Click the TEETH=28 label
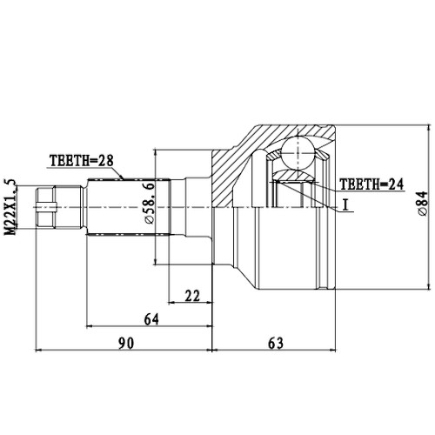tap(80, 159)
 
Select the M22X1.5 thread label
tap(11, 205)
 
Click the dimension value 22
tap(192, 296)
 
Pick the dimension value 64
tap(151, 319)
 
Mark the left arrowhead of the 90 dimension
tap(38, 352)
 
